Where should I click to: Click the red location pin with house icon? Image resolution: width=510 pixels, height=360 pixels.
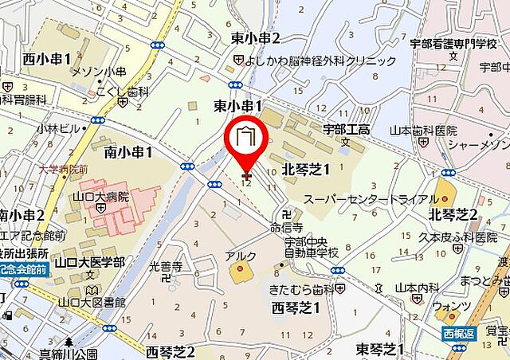246,141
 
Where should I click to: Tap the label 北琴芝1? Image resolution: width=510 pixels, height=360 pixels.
306,168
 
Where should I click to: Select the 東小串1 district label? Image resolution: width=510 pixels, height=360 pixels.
238,106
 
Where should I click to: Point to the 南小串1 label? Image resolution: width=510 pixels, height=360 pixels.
128,151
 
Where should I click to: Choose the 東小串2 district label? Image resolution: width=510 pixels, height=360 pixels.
256,38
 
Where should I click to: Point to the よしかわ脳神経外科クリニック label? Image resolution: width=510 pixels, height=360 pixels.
322,61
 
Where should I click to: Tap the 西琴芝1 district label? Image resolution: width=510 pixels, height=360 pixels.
296,307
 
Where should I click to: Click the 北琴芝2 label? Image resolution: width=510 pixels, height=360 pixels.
453,214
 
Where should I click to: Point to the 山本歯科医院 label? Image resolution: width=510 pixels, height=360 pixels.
423,130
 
